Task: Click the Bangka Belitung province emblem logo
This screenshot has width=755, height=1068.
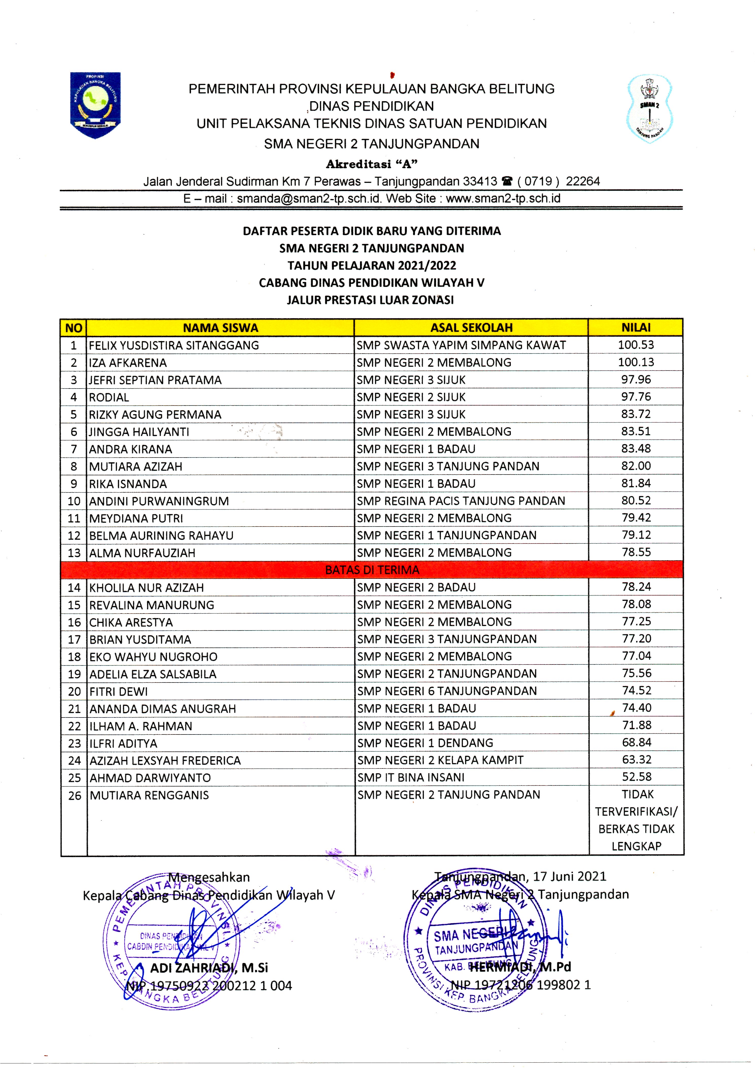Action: click(95, 105)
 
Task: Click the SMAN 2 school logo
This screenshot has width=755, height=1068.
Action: click(649, 108)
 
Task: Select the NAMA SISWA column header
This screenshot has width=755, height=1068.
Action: click(220, 328)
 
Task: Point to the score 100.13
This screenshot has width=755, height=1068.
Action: click(636, 362)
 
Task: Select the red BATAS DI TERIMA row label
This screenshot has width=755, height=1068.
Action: click(372, 570)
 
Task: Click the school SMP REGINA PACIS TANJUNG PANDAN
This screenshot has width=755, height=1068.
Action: click(461, 501)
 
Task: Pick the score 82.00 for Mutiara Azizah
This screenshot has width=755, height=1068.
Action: click(636, 466)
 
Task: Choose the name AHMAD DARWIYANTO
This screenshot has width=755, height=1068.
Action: click(150, 778)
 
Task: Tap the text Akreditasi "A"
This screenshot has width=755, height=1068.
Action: click(372, 164)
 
